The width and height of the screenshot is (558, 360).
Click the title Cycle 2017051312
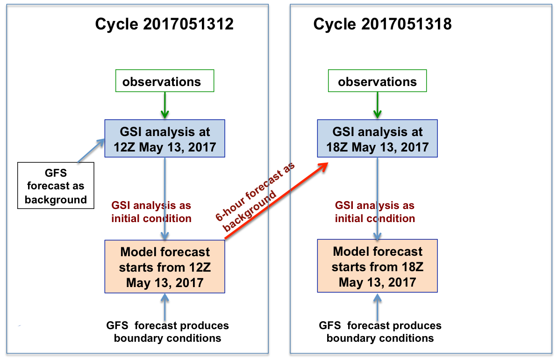[x=164, y=24]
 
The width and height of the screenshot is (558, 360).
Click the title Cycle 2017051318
[x=382, y=24]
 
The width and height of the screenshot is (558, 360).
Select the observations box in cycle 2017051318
[x=377, y=82]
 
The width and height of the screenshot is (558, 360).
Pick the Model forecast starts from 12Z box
[x=165, y=267]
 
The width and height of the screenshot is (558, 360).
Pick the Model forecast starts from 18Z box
[x=377, y=266]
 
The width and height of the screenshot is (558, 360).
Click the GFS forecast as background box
[x=56, y=186]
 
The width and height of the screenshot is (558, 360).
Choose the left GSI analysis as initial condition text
[x=151, y=212]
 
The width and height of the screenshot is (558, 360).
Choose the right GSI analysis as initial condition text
[x=375, y=212]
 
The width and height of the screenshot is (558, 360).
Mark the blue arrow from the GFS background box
[x=90, y=150]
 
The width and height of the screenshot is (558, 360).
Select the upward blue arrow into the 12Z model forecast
[x=165, y=306]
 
